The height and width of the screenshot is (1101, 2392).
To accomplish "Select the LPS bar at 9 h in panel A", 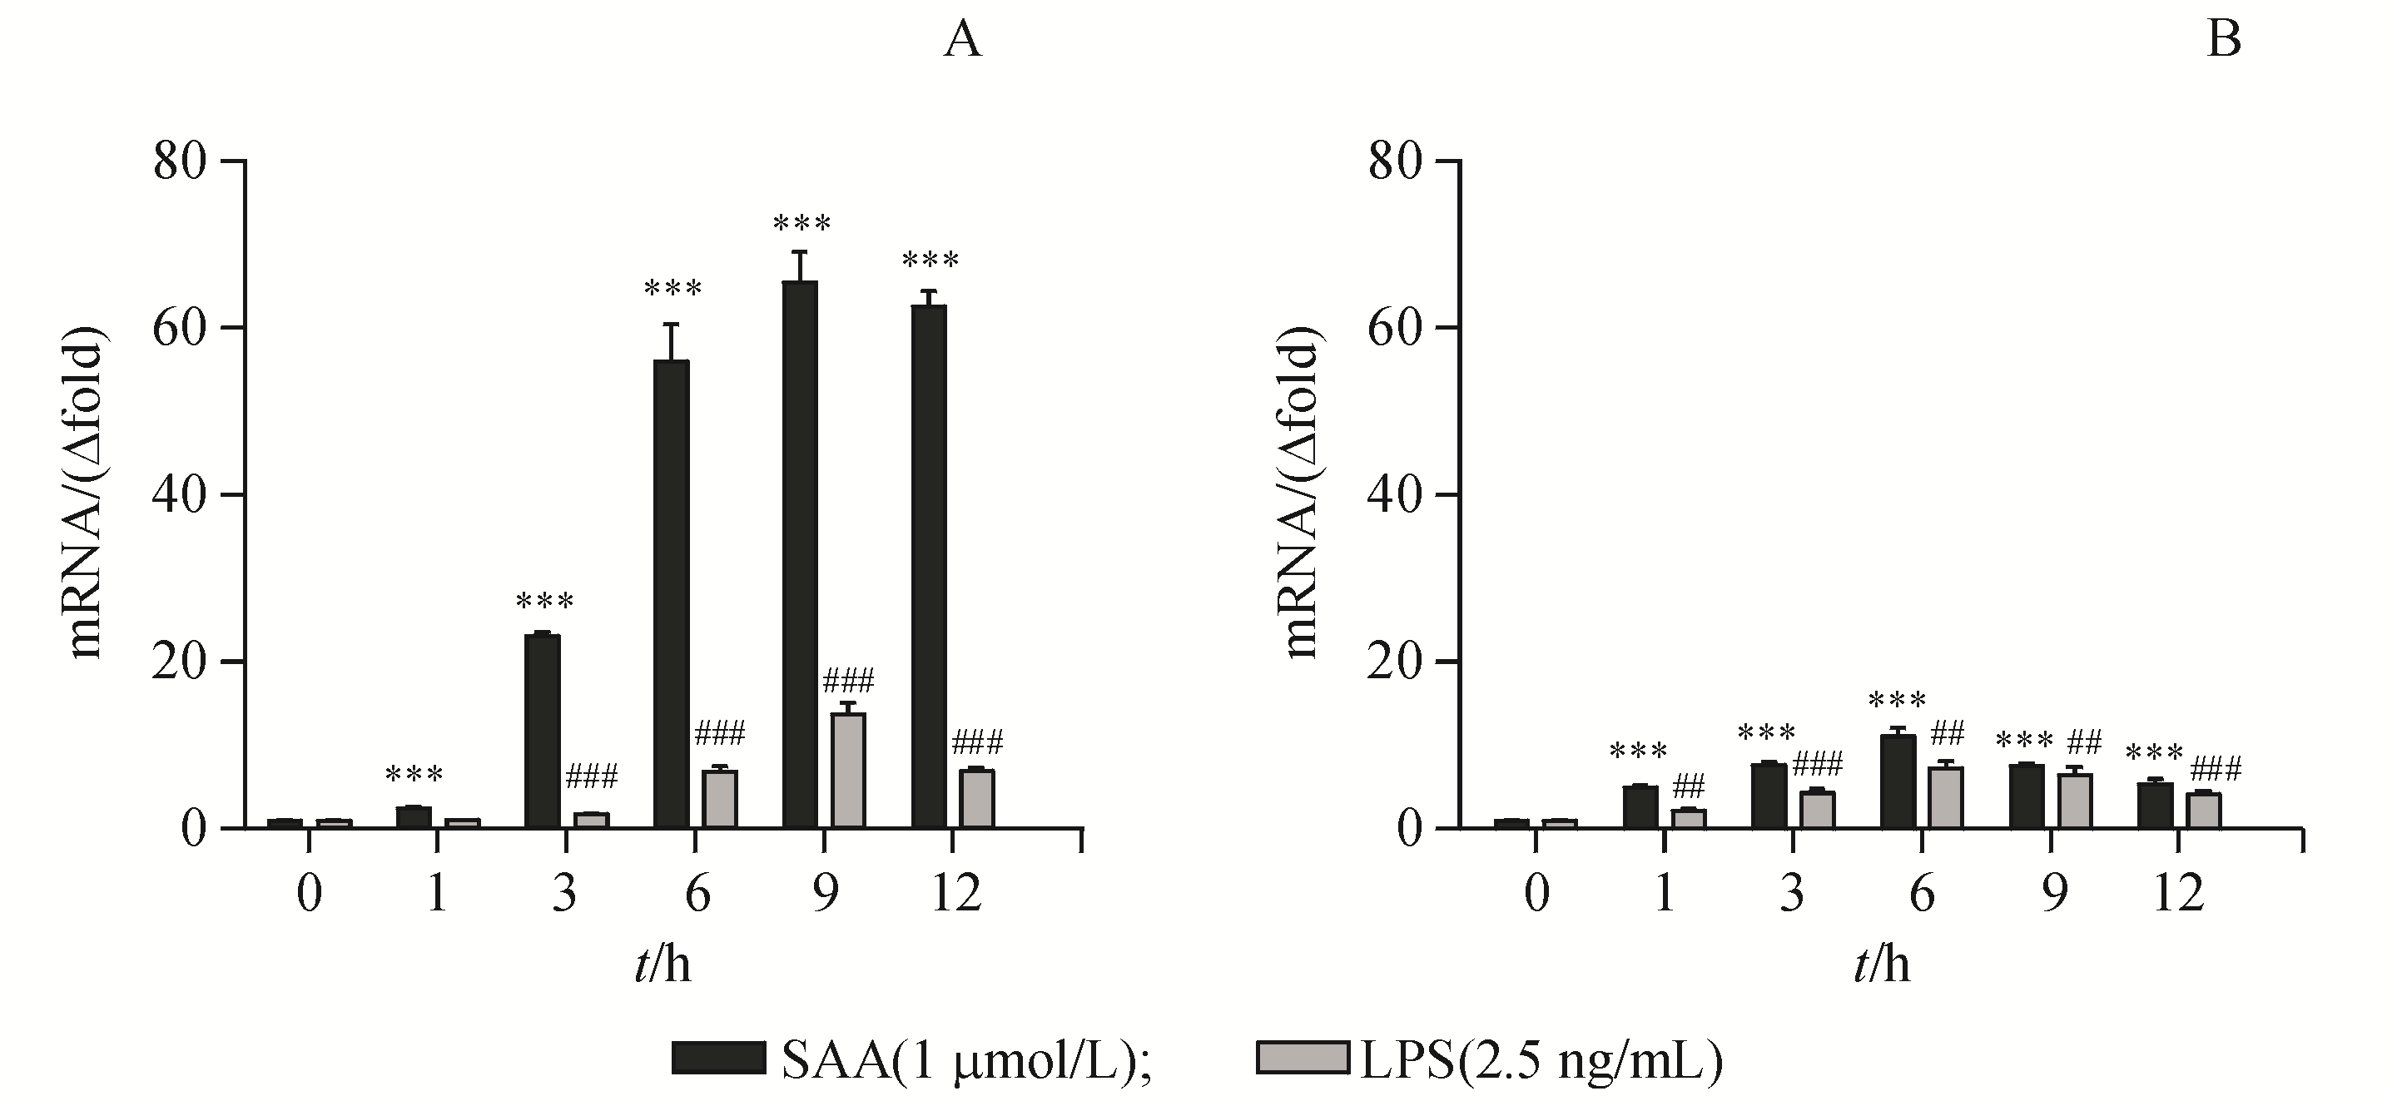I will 848,771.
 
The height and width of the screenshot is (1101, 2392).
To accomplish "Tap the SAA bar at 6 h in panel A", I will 672,594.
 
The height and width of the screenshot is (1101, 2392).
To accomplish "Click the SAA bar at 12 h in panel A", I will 929,566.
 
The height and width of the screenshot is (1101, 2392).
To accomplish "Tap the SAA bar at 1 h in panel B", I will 1640,806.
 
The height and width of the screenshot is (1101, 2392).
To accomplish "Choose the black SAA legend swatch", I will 719,1059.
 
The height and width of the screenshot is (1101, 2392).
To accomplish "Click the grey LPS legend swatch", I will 1302,1059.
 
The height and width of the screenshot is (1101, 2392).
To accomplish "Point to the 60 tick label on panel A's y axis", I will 179,329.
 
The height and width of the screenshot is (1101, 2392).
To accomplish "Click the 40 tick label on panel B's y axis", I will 1396,495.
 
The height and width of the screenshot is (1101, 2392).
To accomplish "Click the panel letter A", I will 962,41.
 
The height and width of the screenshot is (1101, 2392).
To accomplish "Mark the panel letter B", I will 2224,41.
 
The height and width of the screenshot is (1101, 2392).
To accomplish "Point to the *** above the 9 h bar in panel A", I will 801,224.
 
